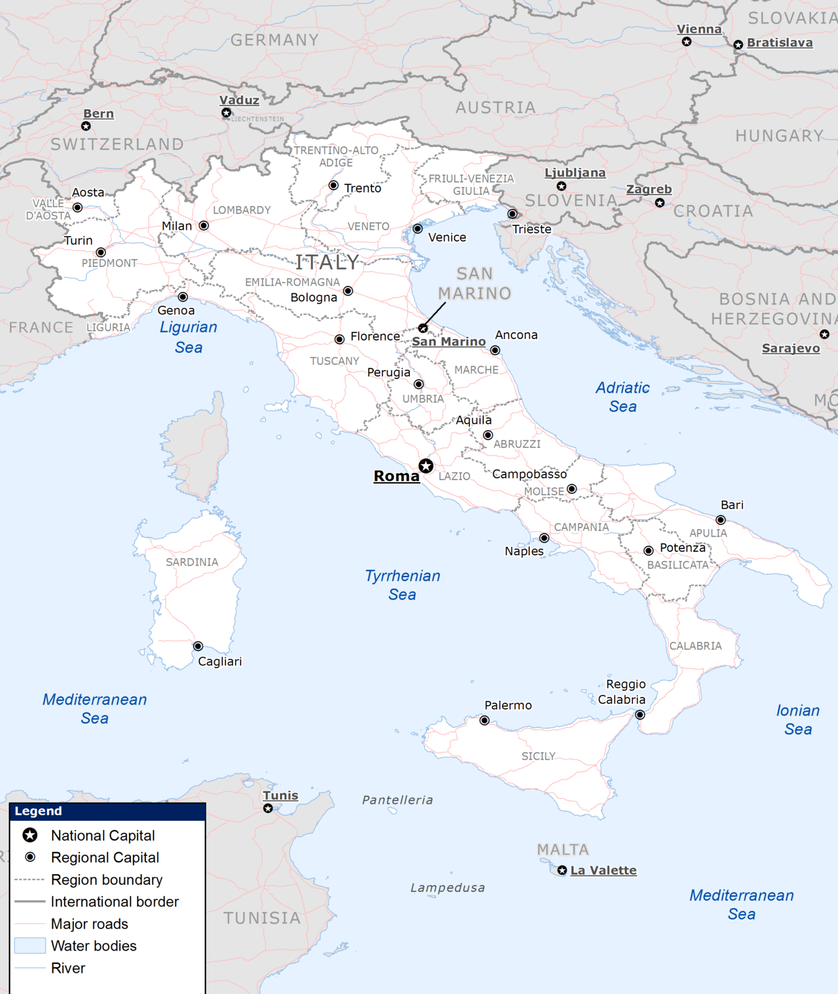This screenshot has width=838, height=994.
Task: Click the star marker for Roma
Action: click(x=426, y=466)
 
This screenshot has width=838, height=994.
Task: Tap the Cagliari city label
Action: click(x=220, y=662)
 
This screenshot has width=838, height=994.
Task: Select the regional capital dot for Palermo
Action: click(x=485, y=721)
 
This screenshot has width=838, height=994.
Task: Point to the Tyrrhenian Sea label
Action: click(x=403, y=585)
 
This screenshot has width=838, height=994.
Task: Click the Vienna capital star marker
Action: click(x=686, y=42)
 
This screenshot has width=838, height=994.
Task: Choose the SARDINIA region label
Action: click(x=192, y=562)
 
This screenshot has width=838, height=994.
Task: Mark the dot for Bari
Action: click(x=721, y=520)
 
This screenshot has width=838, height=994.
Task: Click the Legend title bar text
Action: click(x=39, y=811)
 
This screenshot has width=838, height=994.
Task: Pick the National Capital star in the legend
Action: click(x=30, y=835)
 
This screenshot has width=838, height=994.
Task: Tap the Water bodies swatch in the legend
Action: click(x=30, y=946)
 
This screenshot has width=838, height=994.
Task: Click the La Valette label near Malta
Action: click(x=603, y=870)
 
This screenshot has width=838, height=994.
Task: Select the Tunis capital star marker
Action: click(x=268, y=808)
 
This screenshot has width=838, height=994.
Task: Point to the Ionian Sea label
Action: click(x=798, y=719)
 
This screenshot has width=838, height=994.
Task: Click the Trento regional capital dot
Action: click(x=334, y=185)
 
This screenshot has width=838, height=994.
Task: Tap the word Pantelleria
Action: click(x=398, y=800)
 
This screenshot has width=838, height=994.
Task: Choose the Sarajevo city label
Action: click(x=791, y=349)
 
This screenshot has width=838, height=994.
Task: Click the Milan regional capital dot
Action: click(x=204, y=226)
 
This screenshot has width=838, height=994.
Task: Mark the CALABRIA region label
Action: click(x=695, y=646)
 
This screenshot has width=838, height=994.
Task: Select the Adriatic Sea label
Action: click(x=622, y=397)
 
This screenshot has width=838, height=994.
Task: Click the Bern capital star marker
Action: click(x=86, y=126)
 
